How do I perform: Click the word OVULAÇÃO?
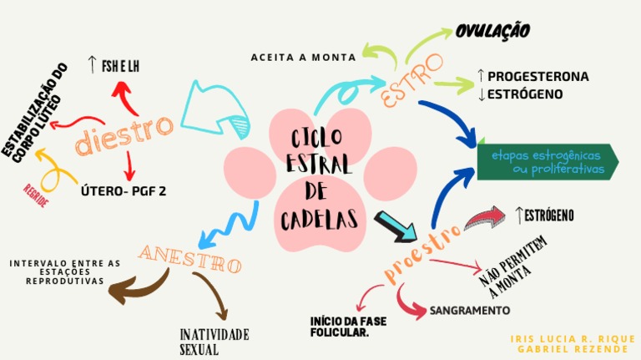[492, 31]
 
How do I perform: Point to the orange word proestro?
[423, 252]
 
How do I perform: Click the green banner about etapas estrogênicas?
[548, 162]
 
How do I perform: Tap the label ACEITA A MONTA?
[303, 57]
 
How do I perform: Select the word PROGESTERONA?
[538, 76]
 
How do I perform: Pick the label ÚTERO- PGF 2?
[124, 190]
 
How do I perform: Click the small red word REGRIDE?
[36, 196]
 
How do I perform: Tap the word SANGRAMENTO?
[469, 311]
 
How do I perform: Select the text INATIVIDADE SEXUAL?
[215, 342]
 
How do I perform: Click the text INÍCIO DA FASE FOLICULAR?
[339, 327]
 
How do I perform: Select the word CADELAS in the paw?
[320, 220]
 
